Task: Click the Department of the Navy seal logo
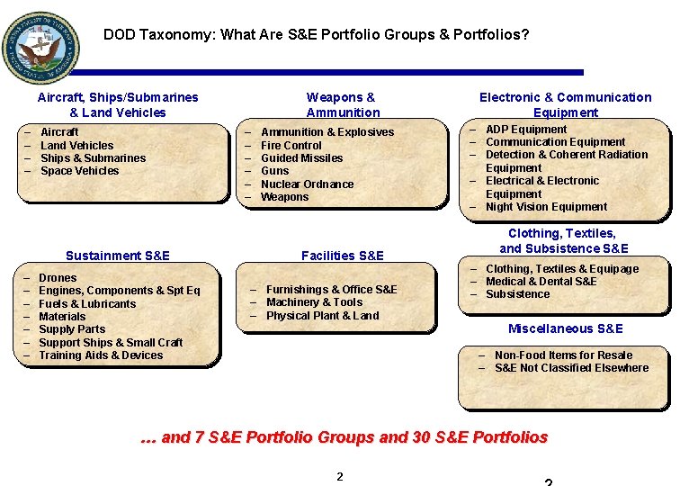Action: tap(40, 48)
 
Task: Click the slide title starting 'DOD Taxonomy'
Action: tap(316, 35)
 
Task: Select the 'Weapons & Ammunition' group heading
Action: tap(342, 104)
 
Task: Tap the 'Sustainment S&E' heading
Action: tap(118, 256)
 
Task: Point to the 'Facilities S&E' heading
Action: tap(343, 256)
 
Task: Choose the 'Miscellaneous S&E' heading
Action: tap(565, 328)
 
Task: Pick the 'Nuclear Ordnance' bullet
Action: tap(307, 184)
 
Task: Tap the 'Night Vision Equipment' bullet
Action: tap(546, 207)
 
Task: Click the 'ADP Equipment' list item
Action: tap(526, 130)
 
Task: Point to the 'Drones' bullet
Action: tap(58, 278)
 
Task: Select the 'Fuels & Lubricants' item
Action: tap(87, 304)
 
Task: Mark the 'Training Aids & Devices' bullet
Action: tap(101, 355)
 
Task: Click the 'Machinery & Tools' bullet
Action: tap(314, 302)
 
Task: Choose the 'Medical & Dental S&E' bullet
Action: tap(541, 282)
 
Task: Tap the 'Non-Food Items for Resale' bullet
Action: tap(563, 355)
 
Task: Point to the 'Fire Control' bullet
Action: tap(291, 145)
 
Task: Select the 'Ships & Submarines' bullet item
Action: tap(93, 158)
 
